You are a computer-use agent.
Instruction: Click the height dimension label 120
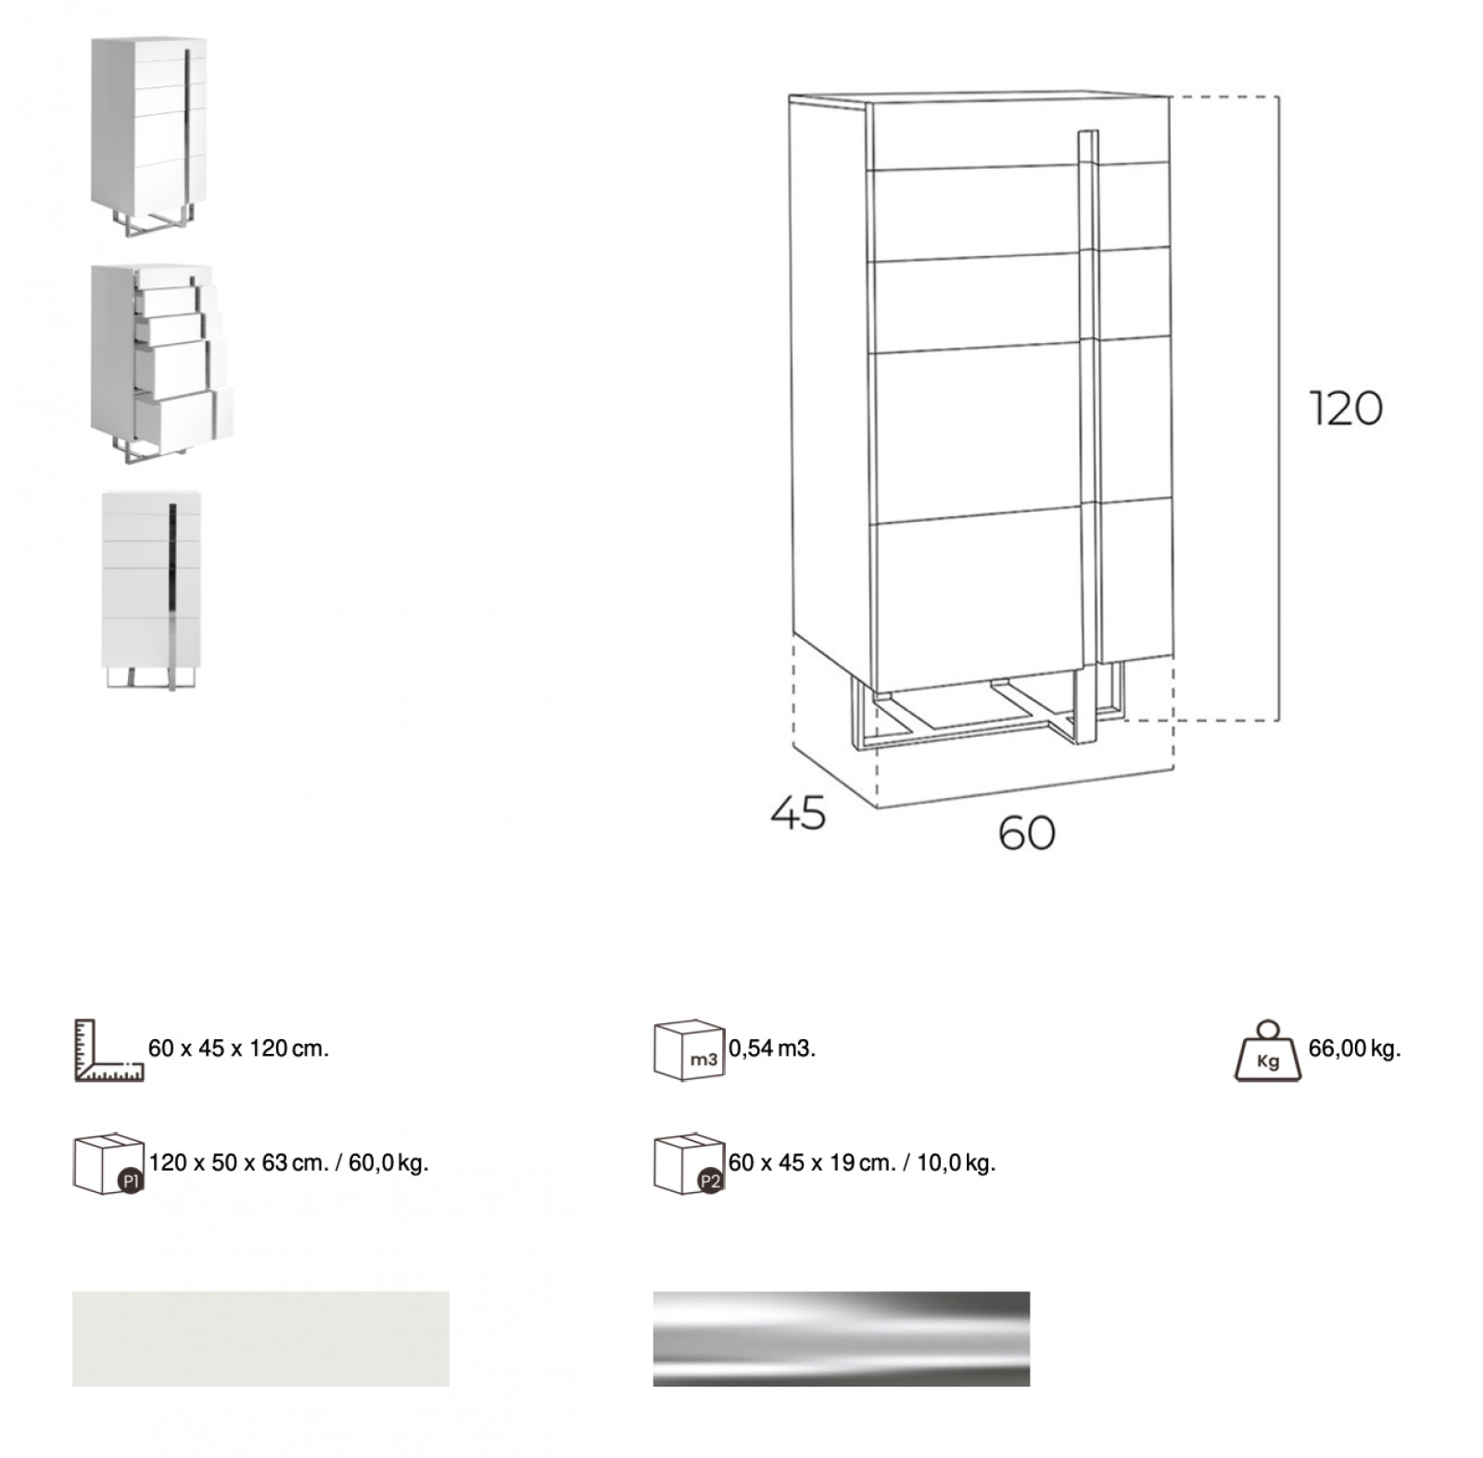1346,409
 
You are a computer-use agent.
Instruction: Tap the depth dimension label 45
798,813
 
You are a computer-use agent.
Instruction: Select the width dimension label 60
1027,833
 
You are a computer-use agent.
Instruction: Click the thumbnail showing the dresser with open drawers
162,364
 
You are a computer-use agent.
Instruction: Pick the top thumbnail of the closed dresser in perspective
148,136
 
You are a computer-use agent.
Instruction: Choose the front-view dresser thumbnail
151,590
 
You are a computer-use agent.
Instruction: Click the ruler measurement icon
108,1050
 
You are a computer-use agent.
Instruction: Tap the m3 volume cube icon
689,1051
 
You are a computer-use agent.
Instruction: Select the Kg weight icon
1268,1051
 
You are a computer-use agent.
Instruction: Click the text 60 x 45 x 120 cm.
239,1048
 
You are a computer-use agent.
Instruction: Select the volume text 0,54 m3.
772,1048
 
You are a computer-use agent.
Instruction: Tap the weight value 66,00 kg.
1354,1048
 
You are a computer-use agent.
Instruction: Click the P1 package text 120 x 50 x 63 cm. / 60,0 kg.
289,1162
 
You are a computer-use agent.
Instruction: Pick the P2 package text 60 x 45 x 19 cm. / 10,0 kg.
862,1162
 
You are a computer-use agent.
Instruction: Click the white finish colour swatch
260,1338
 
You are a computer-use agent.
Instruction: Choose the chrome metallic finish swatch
842,1338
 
